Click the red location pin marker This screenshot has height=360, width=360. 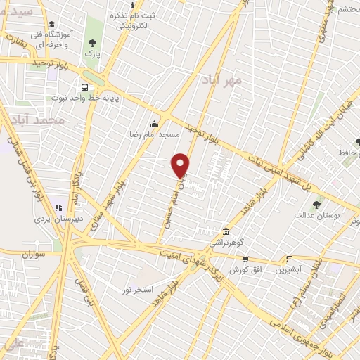click(x=181, y=165)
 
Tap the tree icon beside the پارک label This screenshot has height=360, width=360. click(x=92, y=43)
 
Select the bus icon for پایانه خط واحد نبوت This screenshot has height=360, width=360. click(x=84, y=88)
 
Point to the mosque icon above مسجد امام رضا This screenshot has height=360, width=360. click(x=154, y=123)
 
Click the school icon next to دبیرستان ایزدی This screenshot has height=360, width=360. click(x=59, y=208)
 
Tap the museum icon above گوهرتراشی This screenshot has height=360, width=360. click(x=225, y=231)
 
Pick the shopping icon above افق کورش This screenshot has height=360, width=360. click(x=287, y=259)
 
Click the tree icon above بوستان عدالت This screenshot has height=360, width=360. click(x=316, y=206)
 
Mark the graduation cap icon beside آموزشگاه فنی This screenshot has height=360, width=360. click(x=51, y=24)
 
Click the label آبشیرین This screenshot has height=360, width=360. click(x=288, y=269)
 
